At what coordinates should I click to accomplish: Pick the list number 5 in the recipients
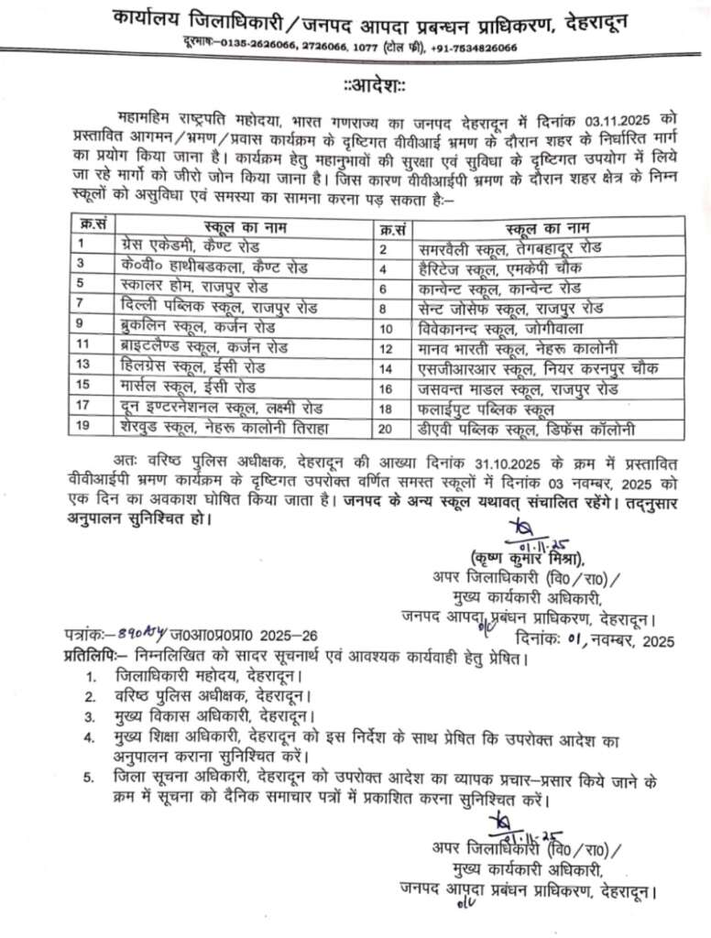pos(88,779)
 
